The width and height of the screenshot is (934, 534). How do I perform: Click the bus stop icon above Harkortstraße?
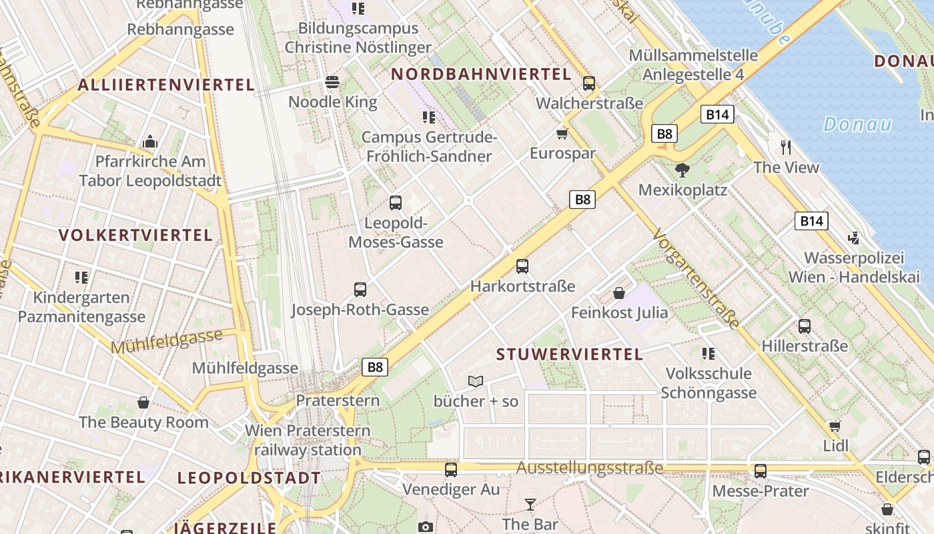pos(522,266)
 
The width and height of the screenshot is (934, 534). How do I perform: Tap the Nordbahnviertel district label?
pos(481,74)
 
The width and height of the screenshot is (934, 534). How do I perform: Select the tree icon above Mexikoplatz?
pos(682,170)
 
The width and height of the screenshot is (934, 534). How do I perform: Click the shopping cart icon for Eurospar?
pos(562,133)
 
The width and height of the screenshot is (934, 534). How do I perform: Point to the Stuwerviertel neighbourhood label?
pos(570,354)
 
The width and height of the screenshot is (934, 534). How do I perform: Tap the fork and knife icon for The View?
pos(786,147)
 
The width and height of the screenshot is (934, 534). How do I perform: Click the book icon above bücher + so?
pos(476,381)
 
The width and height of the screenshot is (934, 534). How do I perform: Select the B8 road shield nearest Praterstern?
pos(375,366)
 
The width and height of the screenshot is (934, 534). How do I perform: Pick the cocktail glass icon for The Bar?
pos(530,504)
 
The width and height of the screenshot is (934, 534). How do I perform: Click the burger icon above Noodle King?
pos(332,82)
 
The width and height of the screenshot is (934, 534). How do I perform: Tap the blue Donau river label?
pos(857,124)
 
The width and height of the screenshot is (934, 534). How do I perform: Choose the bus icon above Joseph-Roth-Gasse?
pos(360,289)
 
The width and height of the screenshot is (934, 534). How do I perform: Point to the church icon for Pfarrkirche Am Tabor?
pos(150,142)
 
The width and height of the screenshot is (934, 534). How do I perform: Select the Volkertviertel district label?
pos(135,235)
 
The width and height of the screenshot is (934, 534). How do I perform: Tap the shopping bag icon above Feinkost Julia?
pos(619,292)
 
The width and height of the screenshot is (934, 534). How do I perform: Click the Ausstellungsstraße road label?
pos(590,468)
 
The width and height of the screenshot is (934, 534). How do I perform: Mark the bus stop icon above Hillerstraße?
pos(805,326)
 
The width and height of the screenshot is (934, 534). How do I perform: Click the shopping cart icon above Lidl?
pos(835,426)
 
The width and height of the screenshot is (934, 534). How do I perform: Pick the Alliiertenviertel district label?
pos(166,85)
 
